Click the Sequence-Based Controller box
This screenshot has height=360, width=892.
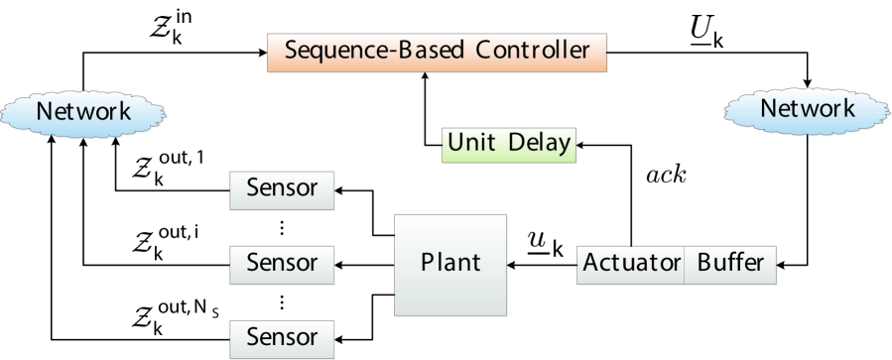(x=437, y=53)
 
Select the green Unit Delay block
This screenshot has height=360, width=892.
(x=509, y=145)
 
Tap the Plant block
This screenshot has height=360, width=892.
(x=450, y=265)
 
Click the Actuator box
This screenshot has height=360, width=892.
(x=631, y=265)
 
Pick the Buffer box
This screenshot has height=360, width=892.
(x=730, y=265)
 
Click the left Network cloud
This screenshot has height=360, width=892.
(x=83, y=112)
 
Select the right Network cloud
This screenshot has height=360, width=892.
(x=808, y=109)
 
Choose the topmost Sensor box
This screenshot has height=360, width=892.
(x=282, y=190)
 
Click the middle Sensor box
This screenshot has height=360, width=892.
(x=282, y=265)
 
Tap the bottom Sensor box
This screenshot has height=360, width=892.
(x=282, y=339)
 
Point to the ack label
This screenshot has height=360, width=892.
(x=666, y=176)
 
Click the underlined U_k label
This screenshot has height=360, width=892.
(x=707, y=33)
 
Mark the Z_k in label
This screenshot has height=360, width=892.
(x=171, y=26)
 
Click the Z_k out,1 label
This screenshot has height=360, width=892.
(x=168, y=169)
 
